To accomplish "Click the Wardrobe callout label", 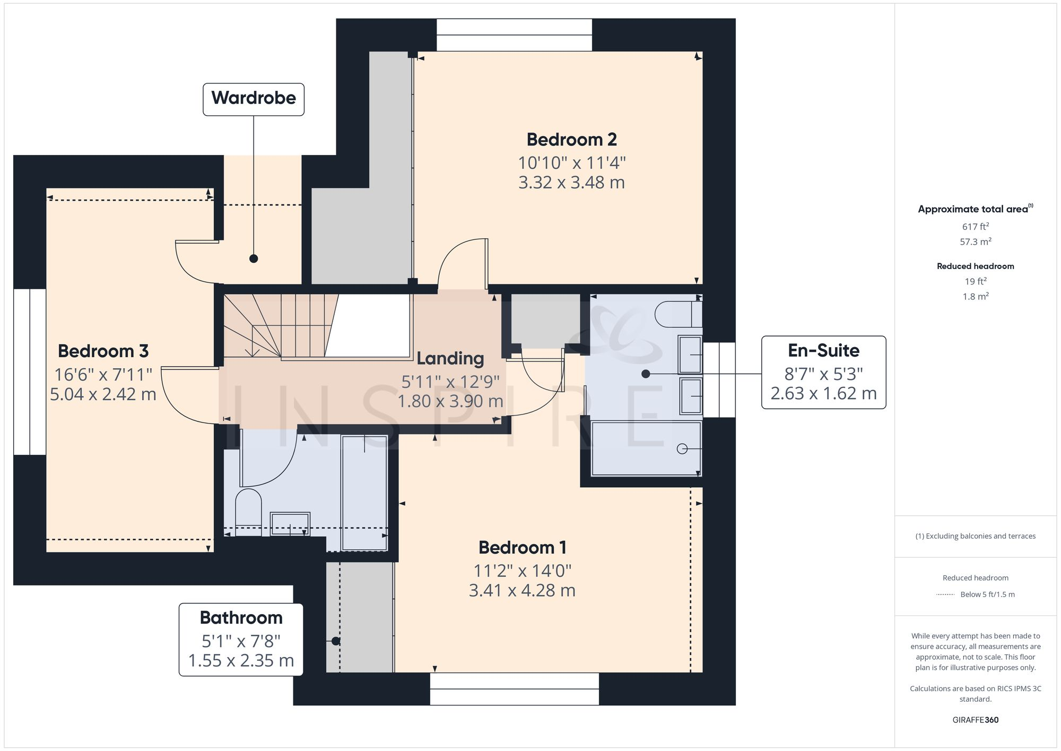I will (254, 99).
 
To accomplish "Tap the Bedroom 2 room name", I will (571, 140).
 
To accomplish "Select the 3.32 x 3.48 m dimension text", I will (571, 183).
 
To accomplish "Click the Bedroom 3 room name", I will (103, 351).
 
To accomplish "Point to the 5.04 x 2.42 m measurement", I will (103, 394).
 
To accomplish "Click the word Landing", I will (450, 359).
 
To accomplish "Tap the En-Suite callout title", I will (823, 350).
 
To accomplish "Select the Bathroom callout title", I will (241, 618).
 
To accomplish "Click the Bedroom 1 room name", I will (522, 547).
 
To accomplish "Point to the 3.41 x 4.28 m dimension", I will (522, 590).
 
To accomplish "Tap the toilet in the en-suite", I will (676, 314).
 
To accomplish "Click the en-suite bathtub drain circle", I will (682, 449).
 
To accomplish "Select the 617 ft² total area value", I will (975, 227).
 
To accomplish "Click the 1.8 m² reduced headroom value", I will (975, 297).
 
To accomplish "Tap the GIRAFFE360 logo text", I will (975, 720).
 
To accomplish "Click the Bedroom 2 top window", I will (514, 35).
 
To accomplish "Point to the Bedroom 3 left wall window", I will (30, 372).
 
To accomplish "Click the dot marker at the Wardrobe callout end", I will (254, 258).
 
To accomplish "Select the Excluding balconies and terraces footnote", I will (975, 536).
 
